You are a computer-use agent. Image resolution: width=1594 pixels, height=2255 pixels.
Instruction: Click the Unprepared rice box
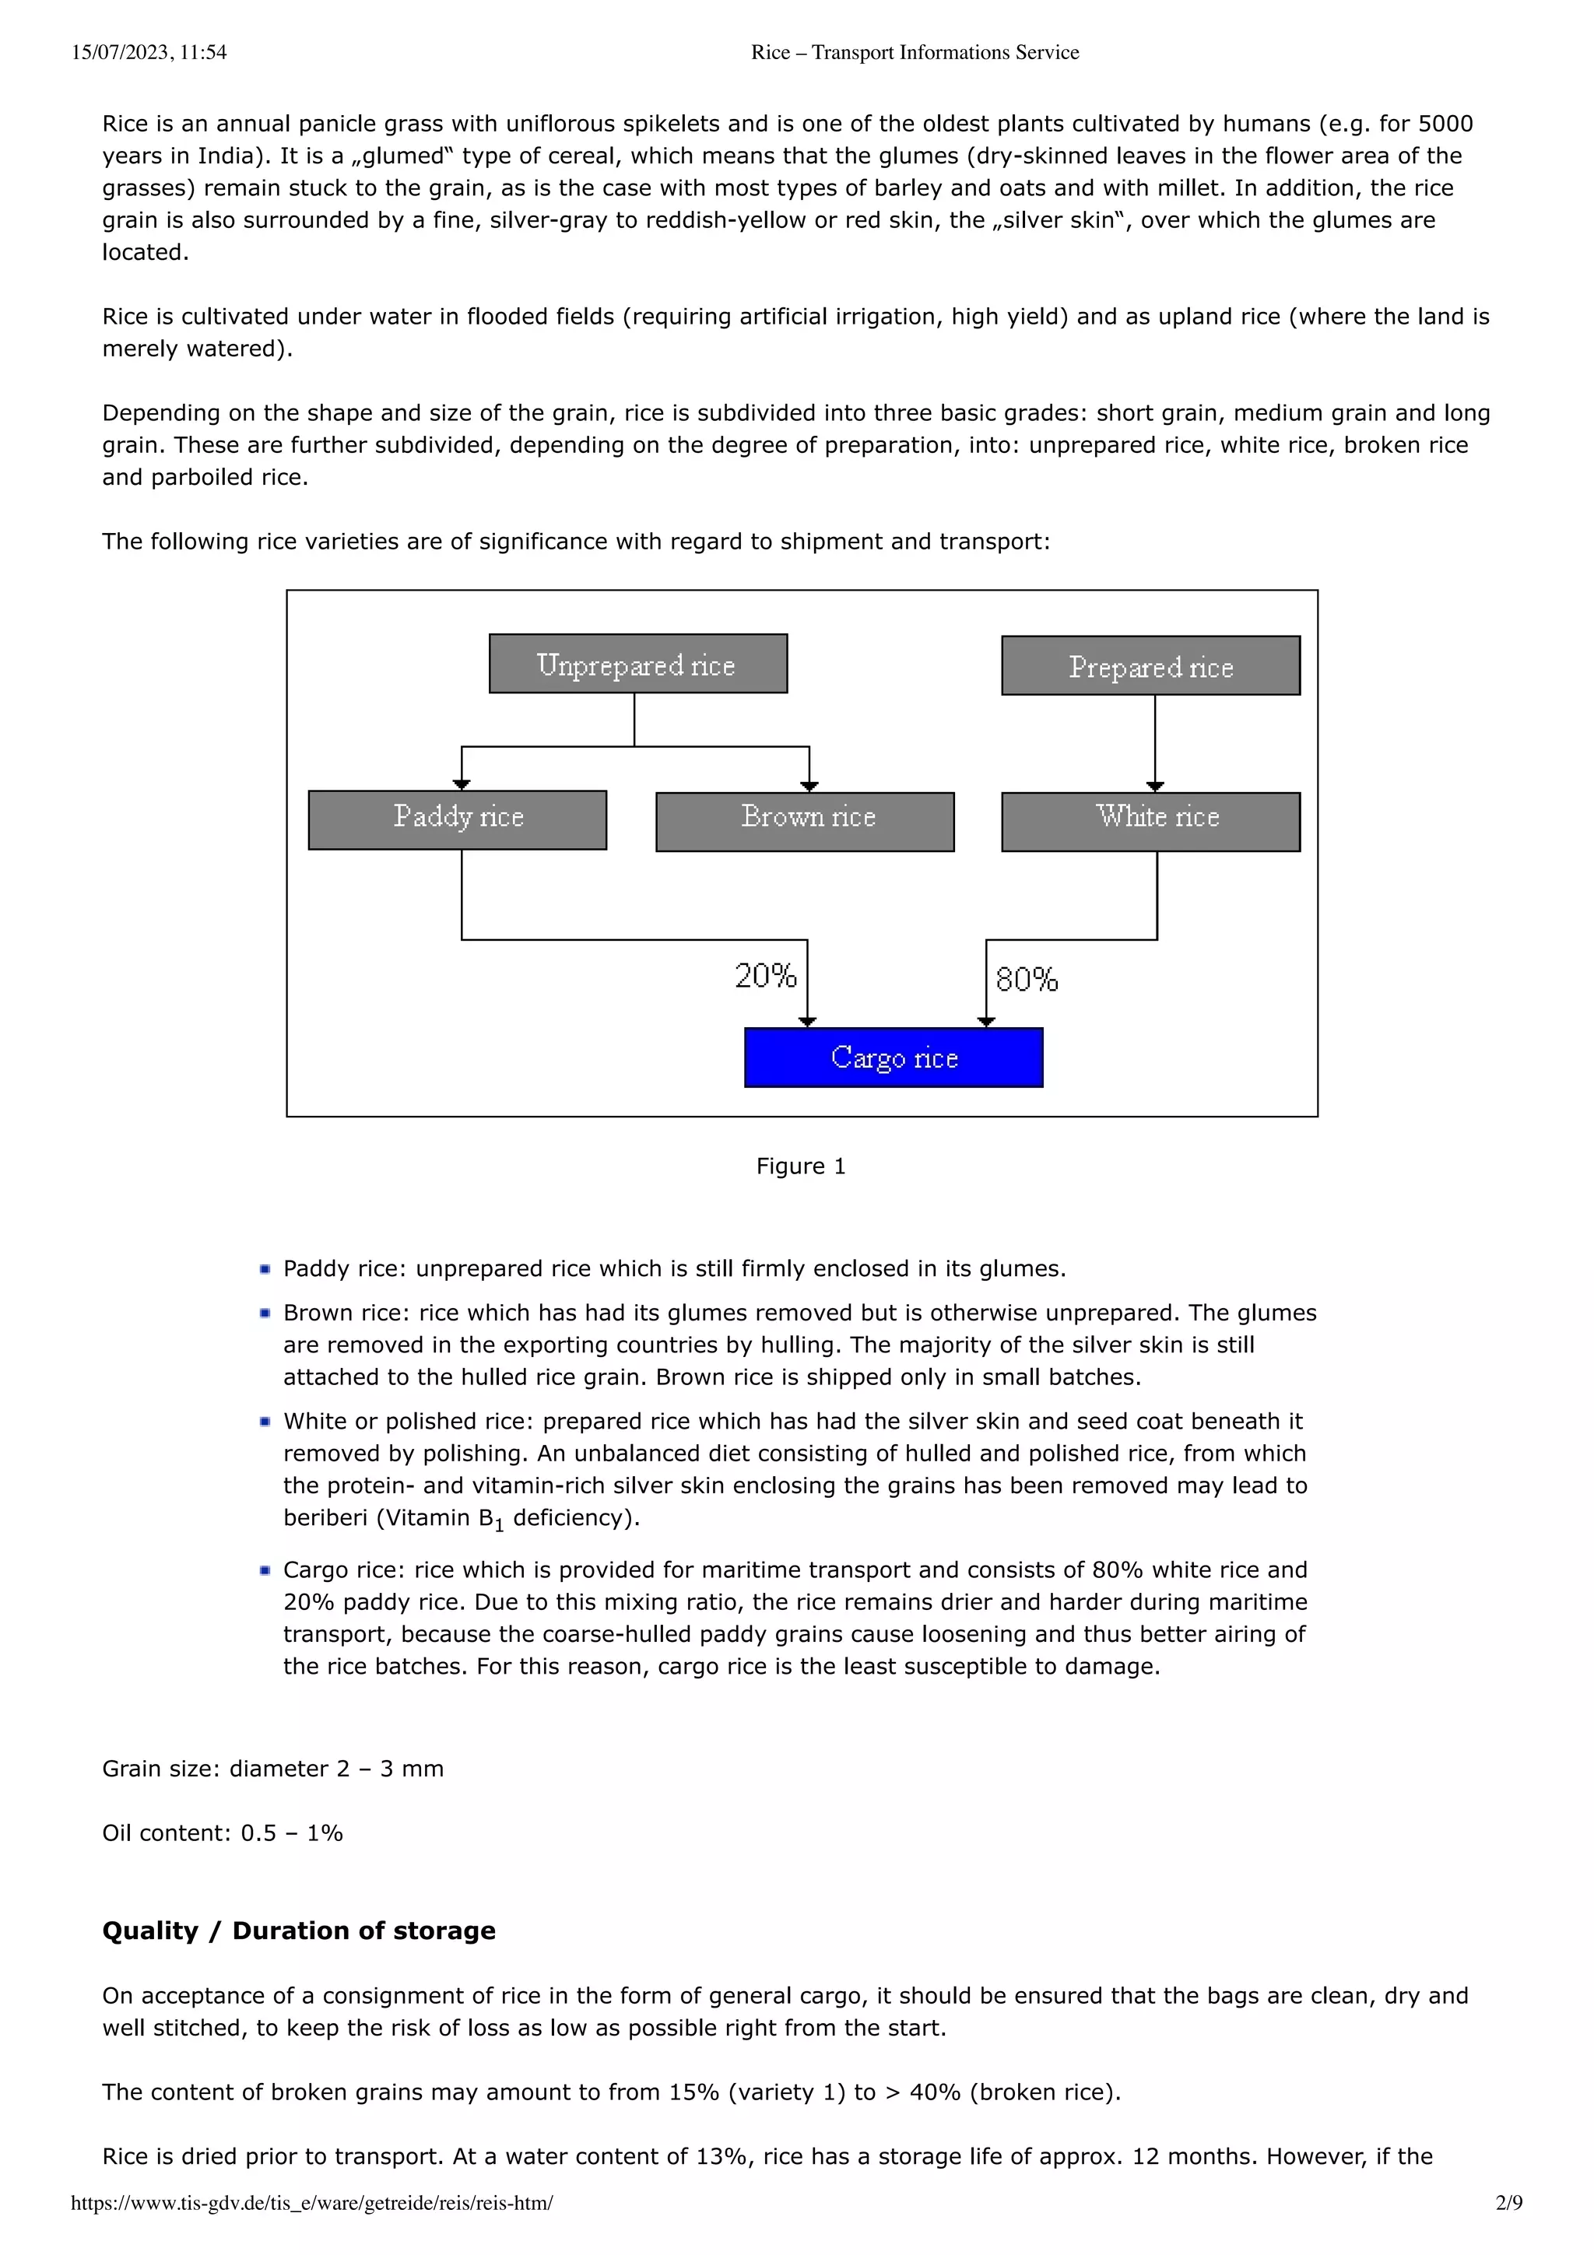(x=637, y=664)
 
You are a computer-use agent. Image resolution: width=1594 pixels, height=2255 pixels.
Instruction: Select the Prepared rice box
(x=1150, y=666)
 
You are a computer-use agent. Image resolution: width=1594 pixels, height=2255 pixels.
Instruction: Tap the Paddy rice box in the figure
(x=457, y=820)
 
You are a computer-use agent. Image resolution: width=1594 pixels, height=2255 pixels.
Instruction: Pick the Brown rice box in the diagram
(x=804, y=822)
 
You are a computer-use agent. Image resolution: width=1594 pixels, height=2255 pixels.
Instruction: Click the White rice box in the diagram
(x=1150, y=822)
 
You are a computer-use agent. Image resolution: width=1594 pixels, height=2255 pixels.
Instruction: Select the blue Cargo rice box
(x=893, y=1057)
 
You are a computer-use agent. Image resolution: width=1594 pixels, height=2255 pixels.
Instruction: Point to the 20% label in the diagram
(x=765, y=975)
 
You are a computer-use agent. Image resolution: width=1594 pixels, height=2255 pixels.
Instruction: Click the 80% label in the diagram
(x=1027, y=979)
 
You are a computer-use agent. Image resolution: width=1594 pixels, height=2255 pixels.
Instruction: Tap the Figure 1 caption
(x=800, y=1166)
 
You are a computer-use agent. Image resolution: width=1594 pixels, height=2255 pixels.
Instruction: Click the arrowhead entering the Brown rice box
(x=809, y=786)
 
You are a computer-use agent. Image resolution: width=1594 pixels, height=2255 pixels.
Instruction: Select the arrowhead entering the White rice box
(x=1155, y=786)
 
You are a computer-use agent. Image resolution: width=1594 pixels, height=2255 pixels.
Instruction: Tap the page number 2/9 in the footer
(x=1508, y=2203)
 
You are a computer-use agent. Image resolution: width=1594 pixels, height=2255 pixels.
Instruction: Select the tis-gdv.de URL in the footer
(x=311, y=2203)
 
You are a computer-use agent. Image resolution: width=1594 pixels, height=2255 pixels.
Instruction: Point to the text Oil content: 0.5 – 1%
(x=223, y=1834)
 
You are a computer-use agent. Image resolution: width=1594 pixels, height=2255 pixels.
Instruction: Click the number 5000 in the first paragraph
(x=1445, y=124)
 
